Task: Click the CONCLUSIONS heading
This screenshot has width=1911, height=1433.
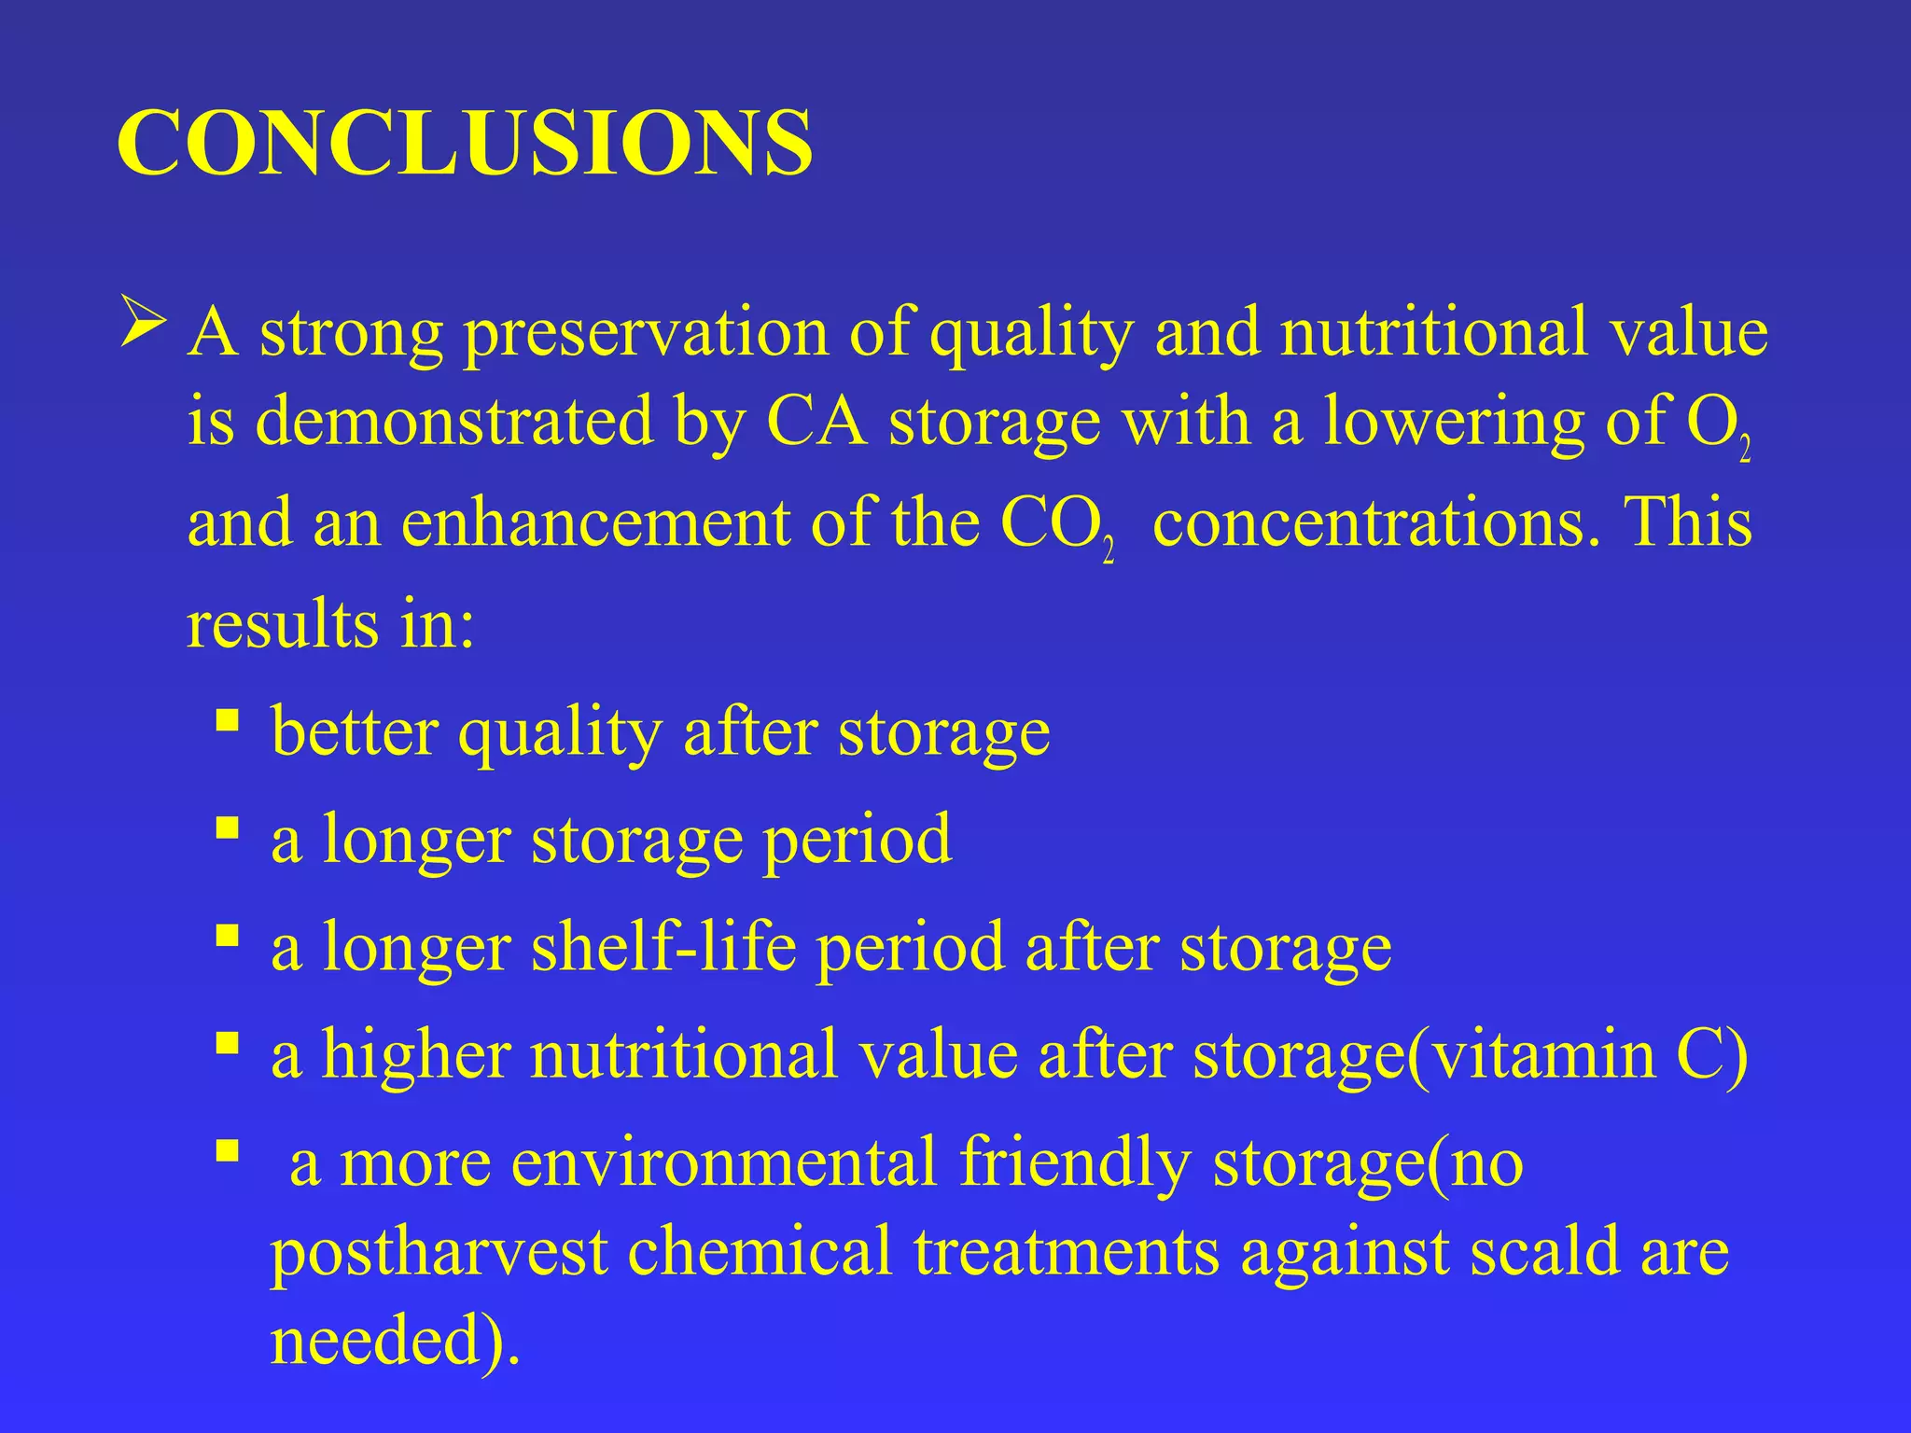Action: tap(464, 143)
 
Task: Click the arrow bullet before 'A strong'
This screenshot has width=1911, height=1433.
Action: tap(143, 328)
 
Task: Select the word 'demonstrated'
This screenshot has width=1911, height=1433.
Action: tap(453, 422)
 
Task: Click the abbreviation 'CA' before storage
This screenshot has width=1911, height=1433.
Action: tap(815, 422)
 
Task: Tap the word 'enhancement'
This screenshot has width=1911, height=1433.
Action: tap(595, 522)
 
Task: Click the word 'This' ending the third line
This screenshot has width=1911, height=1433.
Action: tap(1689, 522)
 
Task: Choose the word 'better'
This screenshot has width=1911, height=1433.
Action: tap(354, 731)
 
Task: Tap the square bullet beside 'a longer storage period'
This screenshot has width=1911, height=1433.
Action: tap(227, 827)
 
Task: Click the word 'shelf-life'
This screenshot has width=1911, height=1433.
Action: tap(663, 948)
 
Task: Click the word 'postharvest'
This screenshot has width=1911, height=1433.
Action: tap(439, 1252)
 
